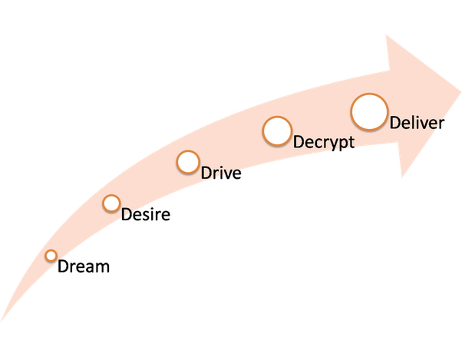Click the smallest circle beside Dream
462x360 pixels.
click(51, 256)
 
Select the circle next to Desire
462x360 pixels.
click(111, 203)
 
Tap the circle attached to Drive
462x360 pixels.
click(188, 162)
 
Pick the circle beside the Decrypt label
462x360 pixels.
click(276, 130)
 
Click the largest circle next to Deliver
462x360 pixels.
click(369, 113)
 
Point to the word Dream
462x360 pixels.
click(84, 267)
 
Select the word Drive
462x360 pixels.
click(221, 173)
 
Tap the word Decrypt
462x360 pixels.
click(323, 142)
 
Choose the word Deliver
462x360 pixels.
click(417, 122)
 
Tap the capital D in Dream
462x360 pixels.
click(63, 267)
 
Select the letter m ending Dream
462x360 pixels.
click(104, 268)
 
